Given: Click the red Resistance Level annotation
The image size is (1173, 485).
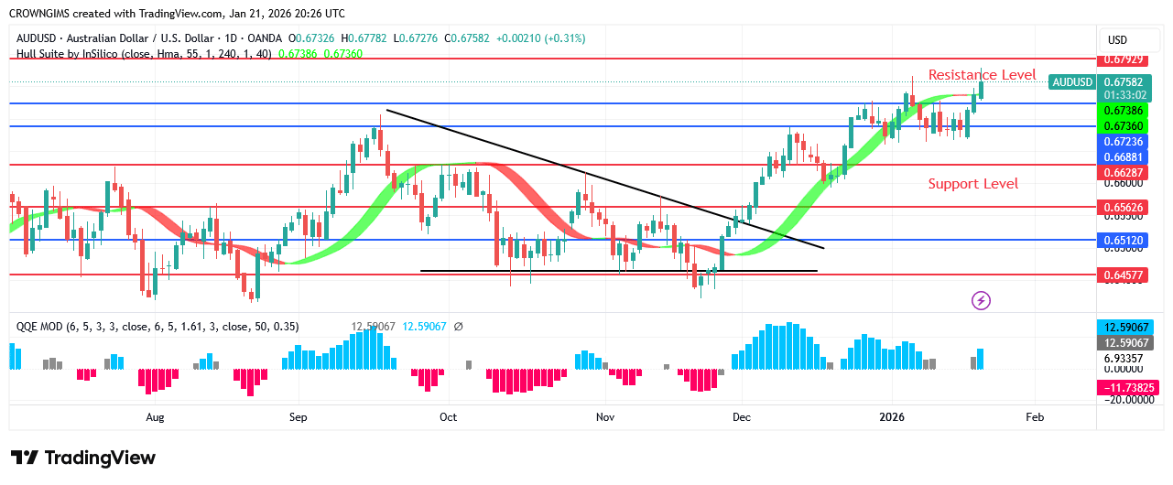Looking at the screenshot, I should [x=982, y=75].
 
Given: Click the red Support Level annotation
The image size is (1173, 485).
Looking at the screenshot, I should [x=972, y=184].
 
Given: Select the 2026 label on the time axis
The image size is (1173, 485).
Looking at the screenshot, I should [x=893, y=417].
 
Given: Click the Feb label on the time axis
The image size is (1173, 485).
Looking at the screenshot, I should [x=1035, y=417].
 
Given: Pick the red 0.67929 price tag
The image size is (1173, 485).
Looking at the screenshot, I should [x=1125, y=59].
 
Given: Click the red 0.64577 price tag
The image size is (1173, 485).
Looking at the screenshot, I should [x=1125, y=274].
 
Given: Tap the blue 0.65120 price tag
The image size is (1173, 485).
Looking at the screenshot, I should [x=1125, y=241].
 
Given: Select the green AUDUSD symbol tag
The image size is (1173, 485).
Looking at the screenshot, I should [x=1072, y=82].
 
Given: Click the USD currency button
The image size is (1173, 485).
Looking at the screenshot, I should [x=1117, y=40].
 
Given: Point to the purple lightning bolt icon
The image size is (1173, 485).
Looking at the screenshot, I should [x=981, y=300].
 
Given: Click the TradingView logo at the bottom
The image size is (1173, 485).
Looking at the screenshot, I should [x=83, y=458].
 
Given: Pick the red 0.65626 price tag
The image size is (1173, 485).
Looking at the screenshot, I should [x=1125, y=208].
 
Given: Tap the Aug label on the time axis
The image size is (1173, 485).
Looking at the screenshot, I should [x=155, y=417].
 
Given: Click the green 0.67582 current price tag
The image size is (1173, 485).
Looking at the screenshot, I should [x=1125, y=81].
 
